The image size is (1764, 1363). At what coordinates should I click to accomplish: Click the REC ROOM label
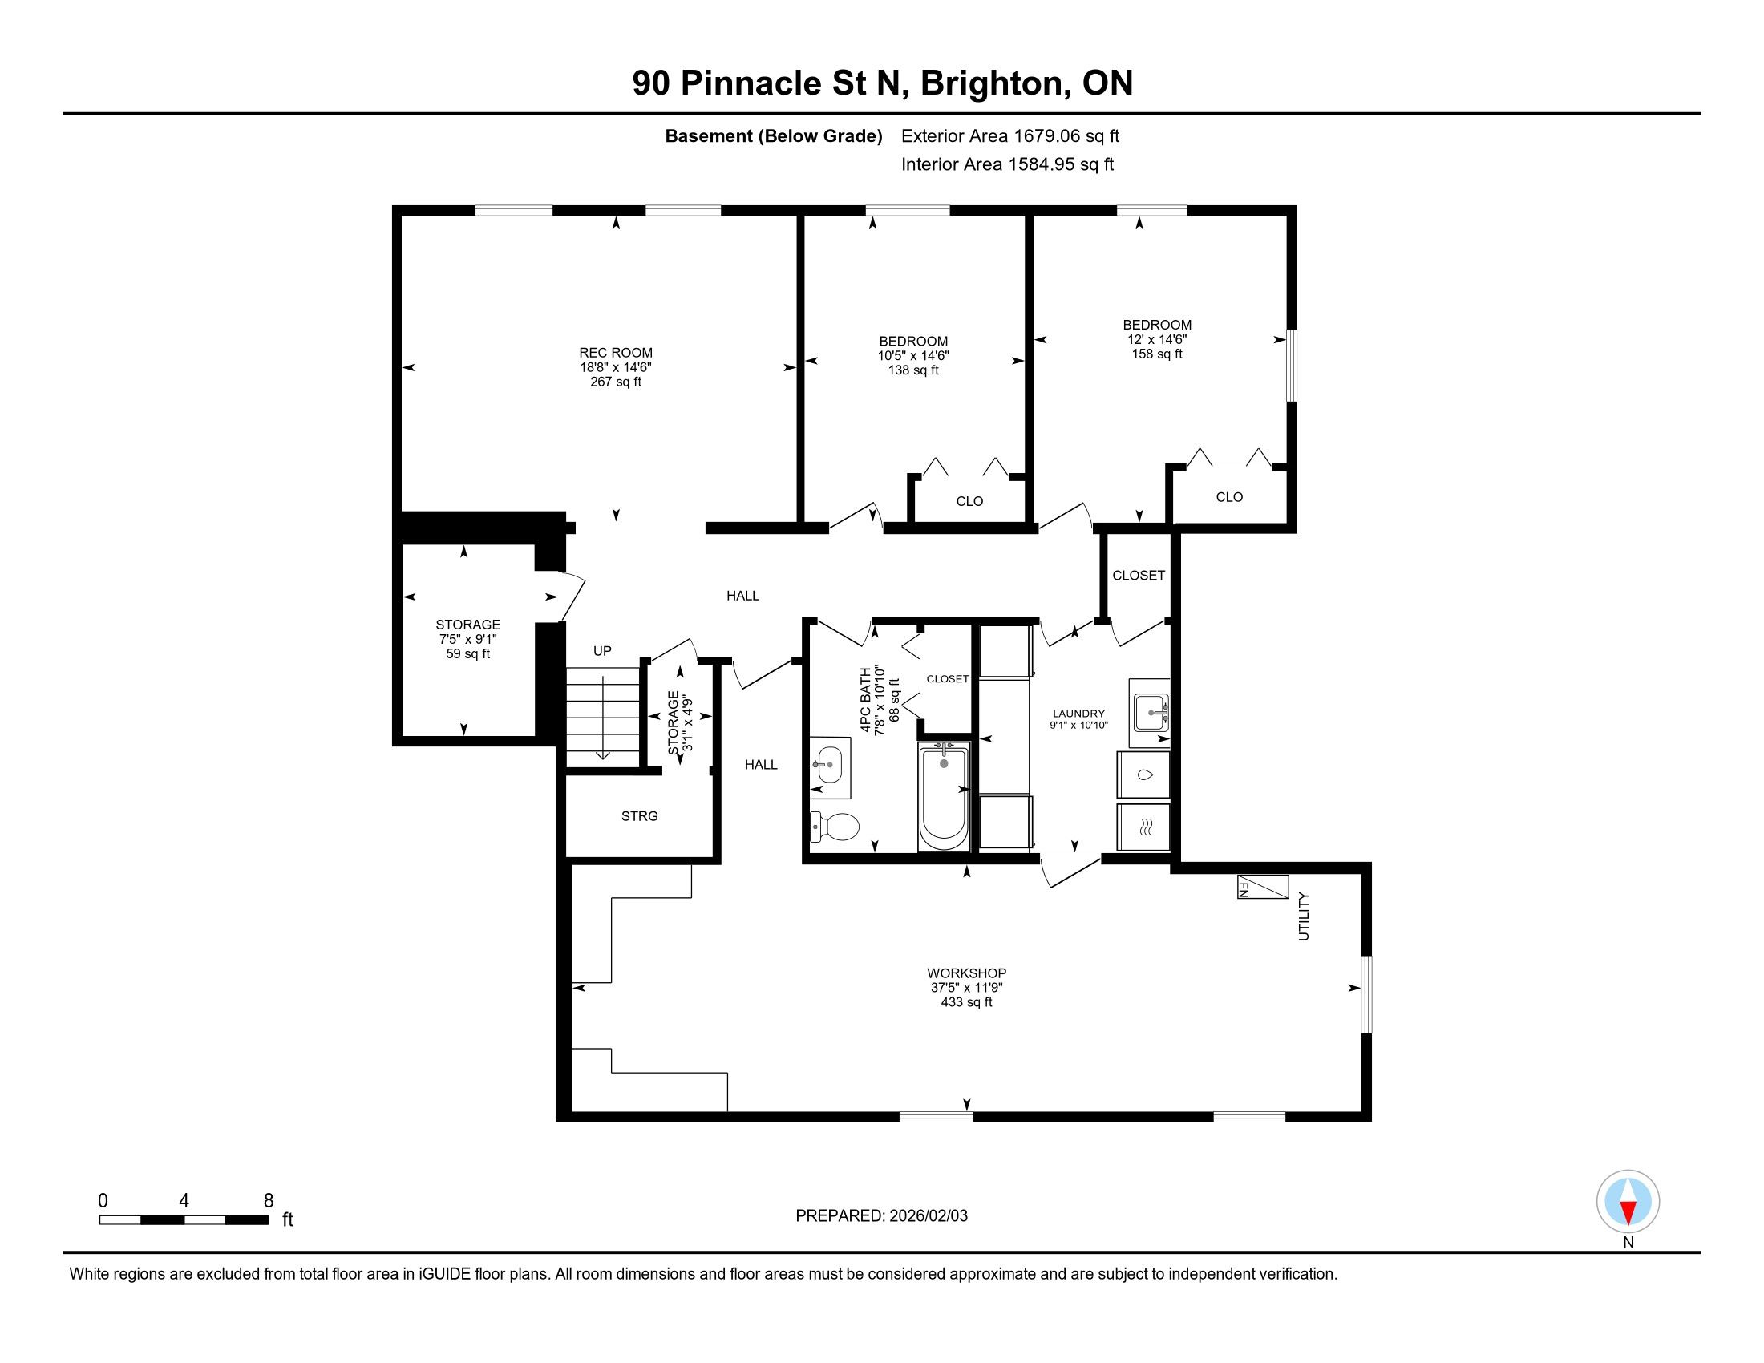pyautogui.click(x=616, y=353)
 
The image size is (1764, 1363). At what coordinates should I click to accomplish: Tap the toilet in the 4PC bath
pyautogui.click(x=835, y=827)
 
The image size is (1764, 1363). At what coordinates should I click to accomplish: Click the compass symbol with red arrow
pyautogui.click(x=1628, y=1202)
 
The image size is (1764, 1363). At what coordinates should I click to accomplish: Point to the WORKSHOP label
pyautogui.click(x=966, y=973)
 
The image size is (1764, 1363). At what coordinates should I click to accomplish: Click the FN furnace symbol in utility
pyautogui.click(x=1262, y=887)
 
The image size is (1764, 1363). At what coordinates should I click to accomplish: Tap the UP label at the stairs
pyautogui.click(x=602, y=651)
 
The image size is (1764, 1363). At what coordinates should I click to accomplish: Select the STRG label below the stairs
pyautogui.click(x=639, y=816)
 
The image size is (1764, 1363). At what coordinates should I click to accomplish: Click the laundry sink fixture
pyautogui.click(x=1150, y=713)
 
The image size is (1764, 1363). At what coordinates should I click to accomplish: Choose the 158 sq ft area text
pyautogui.click(x=1156, y=354)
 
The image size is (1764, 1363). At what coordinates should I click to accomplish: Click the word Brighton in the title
pyautogui.click(x=991, y=83)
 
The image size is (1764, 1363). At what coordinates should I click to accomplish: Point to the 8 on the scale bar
pyautogui.click(x=269, y=1201)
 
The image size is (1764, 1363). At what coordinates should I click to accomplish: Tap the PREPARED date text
pyautogui.click(x=881, y=1216)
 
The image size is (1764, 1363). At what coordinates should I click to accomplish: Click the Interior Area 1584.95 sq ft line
pyautogui.click(x=1007, y=164)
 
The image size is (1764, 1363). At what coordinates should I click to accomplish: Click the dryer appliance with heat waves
pyautogui.click(x=1143, y=827)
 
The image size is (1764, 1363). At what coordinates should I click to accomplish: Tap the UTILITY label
pyautogui.click(x=1304, y=916)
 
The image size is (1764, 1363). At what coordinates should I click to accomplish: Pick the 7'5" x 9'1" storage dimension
pyautogui.click(x=467, y=640)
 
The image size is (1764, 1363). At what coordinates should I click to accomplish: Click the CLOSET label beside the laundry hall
pyautogui.click(x=1138, y=576)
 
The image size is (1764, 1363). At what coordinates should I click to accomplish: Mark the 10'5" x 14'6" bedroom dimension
pyautogui.click(x=913, y=355)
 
